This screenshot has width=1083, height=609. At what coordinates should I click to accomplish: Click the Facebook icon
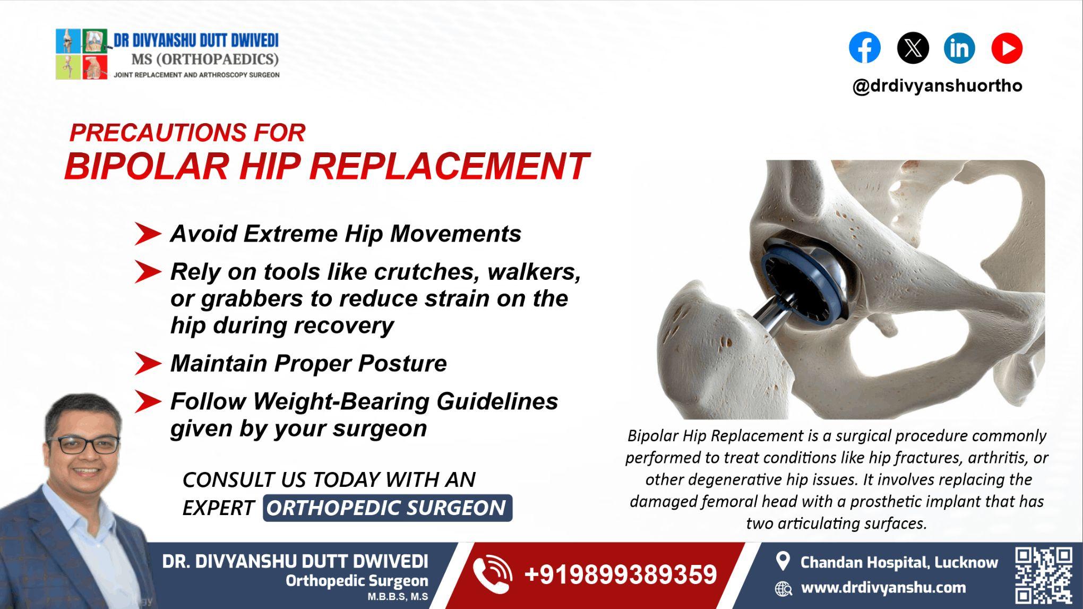(864, 48)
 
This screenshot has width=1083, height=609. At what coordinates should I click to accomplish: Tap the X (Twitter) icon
(913, 48)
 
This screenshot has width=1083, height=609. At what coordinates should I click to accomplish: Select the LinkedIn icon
(959, 48)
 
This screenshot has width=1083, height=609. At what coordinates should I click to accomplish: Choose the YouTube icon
(1007, 48)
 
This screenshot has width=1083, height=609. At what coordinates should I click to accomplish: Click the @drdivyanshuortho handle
(937, 85)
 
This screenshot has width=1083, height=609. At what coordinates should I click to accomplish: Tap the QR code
(1043, 574)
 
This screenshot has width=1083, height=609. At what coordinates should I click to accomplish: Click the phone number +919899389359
(620, 574)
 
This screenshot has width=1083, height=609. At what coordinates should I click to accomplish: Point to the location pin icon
(783, 561)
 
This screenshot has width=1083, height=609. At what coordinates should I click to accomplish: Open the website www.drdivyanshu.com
(883, 588)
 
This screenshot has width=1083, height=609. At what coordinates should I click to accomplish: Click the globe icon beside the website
(783, 588)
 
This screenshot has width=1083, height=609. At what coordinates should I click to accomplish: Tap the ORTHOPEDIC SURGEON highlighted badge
(387, 508)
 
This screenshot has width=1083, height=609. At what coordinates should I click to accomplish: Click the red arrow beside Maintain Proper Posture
(148, 364)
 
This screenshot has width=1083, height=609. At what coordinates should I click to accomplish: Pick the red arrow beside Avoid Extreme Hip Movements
(148, 234)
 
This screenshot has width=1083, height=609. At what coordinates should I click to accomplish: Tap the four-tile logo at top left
(82, 54)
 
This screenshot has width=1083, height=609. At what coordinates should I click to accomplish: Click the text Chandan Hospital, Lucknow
(899, 562)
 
